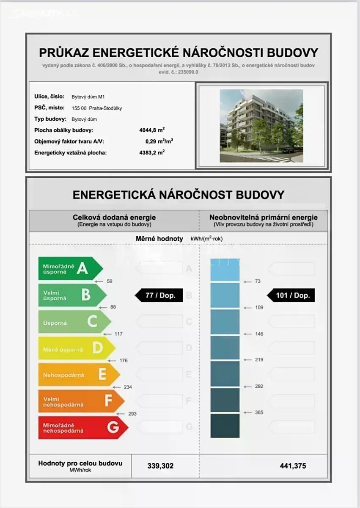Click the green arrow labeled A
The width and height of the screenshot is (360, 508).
[x=70, y=268]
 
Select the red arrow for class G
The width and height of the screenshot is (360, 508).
[x=82, y=428]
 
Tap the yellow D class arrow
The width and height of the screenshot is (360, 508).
[x=76, y=348]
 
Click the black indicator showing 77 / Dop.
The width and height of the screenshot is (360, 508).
[x=159, y=295]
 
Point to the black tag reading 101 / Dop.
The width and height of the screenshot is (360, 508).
[x=291, y=295]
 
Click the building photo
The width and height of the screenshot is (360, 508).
[x=261, y=126]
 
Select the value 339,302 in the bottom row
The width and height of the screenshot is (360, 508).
[x=160, y=466]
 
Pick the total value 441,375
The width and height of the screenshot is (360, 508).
[x=293, y=466]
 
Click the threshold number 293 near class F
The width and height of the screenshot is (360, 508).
[x=132, y=414]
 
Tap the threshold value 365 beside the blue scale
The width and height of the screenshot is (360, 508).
[x=259, y=412]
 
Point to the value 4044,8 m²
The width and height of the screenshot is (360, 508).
[x=151, y=130]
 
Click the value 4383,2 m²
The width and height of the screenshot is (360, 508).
[x=151, y=152]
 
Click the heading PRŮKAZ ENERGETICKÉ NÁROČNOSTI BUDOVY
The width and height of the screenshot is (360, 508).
[x=179, y=53]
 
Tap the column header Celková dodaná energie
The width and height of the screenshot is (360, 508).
[x=114, y=218]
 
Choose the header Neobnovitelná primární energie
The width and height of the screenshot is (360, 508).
[x=263, y=218]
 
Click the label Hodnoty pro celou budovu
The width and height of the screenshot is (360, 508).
[x=80, y=463]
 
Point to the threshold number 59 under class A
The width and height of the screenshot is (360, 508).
[x=110, y=281]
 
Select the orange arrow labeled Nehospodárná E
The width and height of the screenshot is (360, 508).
[x=79, y=375]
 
